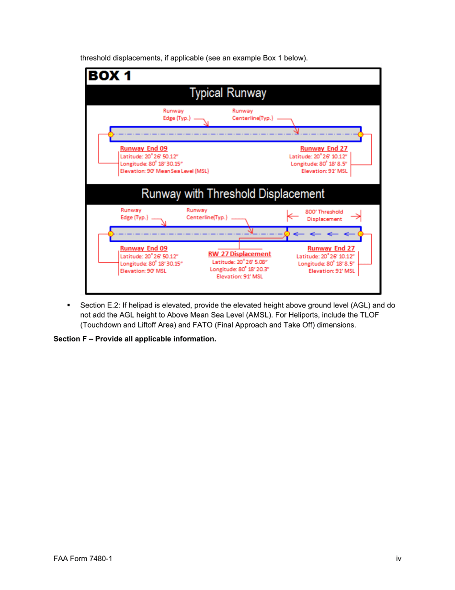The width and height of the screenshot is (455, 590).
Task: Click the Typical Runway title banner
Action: tap(228, 93)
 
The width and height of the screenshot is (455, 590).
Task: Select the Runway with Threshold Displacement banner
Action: tap(233, 194)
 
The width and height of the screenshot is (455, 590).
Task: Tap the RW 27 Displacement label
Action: tap(239, 254)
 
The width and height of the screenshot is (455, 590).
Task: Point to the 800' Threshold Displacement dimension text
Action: tap(324, 215)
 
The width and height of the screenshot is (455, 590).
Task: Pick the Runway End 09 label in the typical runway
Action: tap(144, 148)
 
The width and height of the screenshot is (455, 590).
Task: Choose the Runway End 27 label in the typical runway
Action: tap(324, 148)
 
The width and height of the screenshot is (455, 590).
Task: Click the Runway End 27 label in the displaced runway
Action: tap(331, 248)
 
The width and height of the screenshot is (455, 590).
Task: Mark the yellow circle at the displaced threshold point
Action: tap(287, 234)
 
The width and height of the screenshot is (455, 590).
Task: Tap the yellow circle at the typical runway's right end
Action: tap(361, 134)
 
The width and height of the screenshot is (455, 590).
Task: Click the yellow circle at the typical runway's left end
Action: tap(111, 134)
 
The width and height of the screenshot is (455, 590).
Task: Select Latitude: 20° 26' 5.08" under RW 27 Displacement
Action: tap(240, 261)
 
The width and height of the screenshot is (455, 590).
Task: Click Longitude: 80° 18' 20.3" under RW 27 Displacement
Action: tap(239, 269)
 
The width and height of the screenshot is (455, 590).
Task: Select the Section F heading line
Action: tap(135, 340)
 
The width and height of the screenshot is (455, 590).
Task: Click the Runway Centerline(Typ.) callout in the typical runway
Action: tap(247, 115)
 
